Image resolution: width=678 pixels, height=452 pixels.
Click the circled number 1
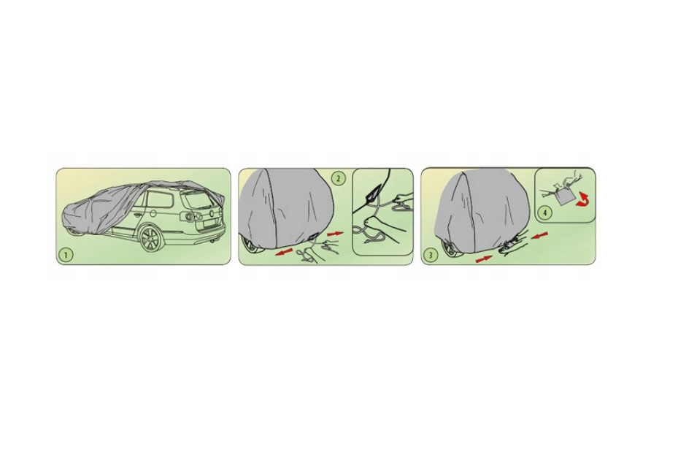point(66,255)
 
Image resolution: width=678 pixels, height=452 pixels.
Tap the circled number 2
point(338,177)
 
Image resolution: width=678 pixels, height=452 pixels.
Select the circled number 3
point(430,255)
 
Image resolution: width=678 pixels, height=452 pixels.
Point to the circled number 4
point(545,212)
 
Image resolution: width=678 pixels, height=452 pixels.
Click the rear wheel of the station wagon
point(151,238)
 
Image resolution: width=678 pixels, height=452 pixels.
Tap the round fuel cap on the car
point(153,213)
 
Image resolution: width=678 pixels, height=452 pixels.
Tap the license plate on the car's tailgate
point(209,226)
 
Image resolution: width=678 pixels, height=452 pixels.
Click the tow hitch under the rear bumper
point(212,245)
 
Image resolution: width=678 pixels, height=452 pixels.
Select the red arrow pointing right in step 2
point(335,234)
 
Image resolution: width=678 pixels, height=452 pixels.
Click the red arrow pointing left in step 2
point(284,252)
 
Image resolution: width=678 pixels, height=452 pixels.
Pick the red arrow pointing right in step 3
point(484,258)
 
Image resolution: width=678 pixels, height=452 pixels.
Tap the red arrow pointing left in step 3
point(539,236)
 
